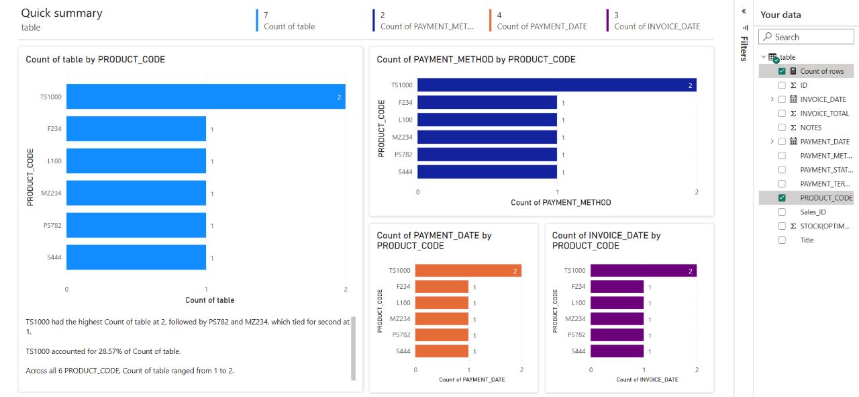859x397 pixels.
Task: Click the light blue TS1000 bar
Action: [205, 97]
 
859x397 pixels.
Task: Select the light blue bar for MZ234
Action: [136, 193]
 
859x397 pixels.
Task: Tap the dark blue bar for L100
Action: [487, 120]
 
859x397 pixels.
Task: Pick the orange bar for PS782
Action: [442, 335]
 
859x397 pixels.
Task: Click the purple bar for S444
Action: [617, 351]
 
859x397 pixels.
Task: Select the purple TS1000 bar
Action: [643, 271]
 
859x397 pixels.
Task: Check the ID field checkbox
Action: [782, 85]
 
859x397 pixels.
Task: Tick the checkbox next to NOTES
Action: [782, 128]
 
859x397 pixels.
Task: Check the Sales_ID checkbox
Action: [782, 212]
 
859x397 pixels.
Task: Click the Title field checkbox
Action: [782, 240]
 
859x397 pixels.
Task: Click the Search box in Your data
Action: [809, 37]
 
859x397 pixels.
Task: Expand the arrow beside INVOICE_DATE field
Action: [773, 99]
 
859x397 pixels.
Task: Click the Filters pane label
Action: [744, 48]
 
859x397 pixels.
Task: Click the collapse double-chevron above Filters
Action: [744, 11]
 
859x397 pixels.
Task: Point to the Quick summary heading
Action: [62, 13]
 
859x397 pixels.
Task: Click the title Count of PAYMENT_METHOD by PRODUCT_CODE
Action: [476, 59]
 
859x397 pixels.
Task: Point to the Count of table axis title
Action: [209, 300]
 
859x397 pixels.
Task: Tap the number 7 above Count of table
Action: [266, 14]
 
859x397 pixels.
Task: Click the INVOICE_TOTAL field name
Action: [824, 114]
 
